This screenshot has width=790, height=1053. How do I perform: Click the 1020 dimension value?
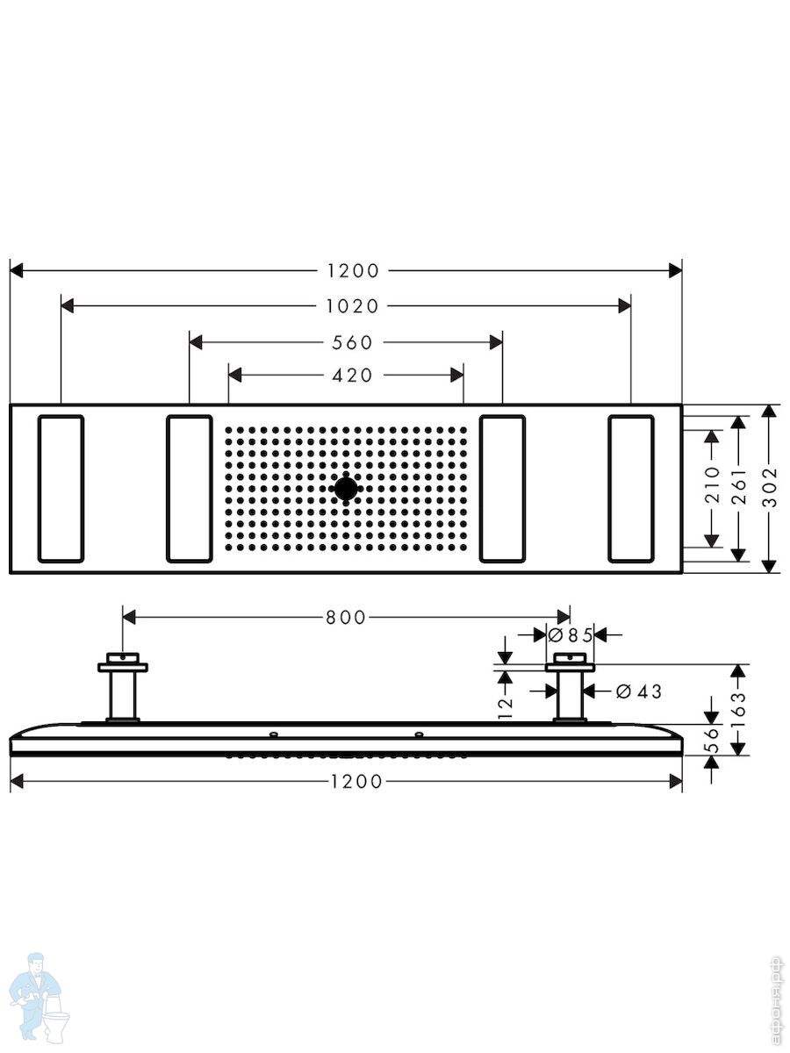[353, 306]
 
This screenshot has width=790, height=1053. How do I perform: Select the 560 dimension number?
[352, 342]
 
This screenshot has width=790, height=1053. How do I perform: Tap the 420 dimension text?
[352, 376]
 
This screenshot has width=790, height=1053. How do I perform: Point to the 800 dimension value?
[346, 618]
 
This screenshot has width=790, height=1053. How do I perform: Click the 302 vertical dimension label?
[770, 489]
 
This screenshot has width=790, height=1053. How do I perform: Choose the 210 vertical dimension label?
[713, 484]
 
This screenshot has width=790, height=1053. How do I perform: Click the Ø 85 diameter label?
[571, 635]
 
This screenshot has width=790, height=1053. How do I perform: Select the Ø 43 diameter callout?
[638, 691]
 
